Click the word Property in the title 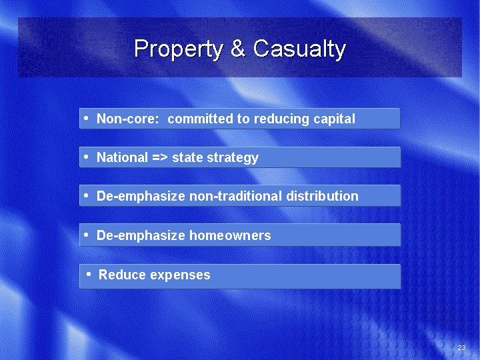(179, 49)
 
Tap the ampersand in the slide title (238, 48)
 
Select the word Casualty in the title (299, 49)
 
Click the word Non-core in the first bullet (127, 119)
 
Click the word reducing (281, 119)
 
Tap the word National (123, 157)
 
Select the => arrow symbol (160, 158)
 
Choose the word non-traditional (236, 196)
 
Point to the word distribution (323, 196)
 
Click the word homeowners (230, 235)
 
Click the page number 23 (461, 347)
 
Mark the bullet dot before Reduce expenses (89, 274)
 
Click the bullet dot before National (86, 157)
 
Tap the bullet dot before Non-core (86, 118)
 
